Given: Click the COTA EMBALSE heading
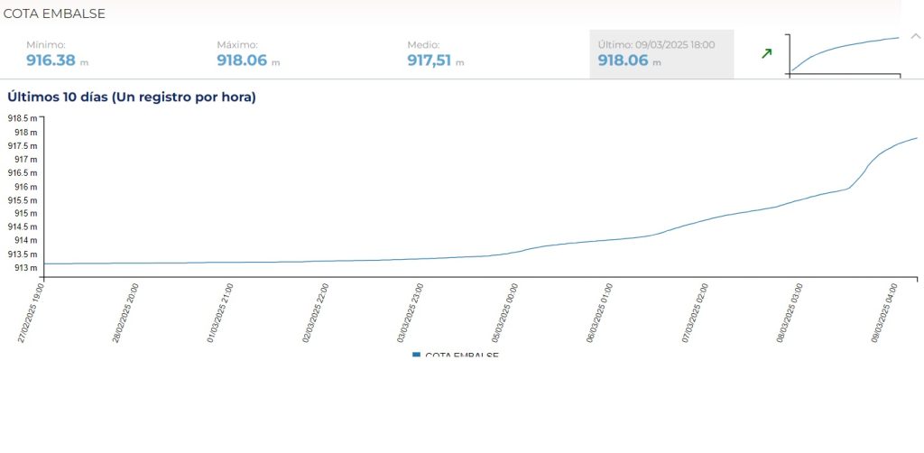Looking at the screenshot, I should pyautogui.click(x=54, y=14).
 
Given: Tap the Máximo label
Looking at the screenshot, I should pyautogui.click(x=237, y=44).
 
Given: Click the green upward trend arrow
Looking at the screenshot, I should pyautogui.click(x=766, y=54).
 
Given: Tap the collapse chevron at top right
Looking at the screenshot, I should pyautogui.click(x=915, y=36).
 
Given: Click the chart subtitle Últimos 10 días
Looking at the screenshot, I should pyautogui.click(x=132, y=97).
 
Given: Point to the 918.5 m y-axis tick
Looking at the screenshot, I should pyautogui.click(x=23, y=118).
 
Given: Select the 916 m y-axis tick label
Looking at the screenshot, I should pyautogui.click(x=26, y=187).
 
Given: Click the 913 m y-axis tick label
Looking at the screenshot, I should pyautogui.click(x=26, y=268).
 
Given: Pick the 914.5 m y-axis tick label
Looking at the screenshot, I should pyautogui.click(x=23, y=227).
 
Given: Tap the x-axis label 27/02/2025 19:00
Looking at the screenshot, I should pyautogui.click(x=32, y=312).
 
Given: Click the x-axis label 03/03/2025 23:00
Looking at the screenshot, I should pyautogui.click(x=411, y=312).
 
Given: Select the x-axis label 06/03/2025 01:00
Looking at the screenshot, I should pyautogui.click(x=601, y=312).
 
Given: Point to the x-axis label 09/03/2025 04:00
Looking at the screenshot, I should pyautogui.click(x=885, y=312).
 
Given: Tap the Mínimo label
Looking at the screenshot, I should pyautogui.click(x=45, y=44).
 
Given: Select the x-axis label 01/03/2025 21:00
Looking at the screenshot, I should pyautogui.click(x=221, y=312).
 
